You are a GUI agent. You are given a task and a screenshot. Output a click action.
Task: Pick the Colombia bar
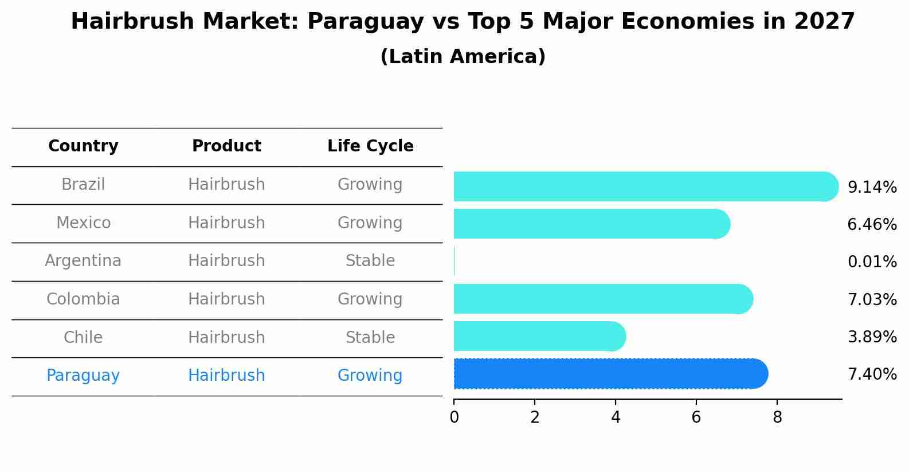(x=602, y=299)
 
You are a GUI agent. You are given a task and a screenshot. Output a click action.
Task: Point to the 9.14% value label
(x=872, y=188)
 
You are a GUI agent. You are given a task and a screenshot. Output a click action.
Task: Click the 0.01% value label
(x=872, y=262)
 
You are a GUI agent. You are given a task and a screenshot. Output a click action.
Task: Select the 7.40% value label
(x=872, y=375)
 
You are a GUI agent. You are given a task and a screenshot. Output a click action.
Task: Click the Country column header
(x=83, y=146)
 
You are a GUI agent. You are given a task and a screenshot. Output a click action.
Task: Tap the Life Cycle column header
(x=370, y=146)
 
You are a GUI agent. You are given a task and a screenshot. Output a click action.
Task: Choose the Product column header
(x=226, y=146)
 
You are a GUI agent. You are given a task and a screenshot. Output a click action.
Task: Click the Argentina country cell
(x=83, y=261)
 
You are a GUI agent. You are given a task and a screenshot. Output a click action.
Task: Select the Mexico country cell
(x=83, y=223)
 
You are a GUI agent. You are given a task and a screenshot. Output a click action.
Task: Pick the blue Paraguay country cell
(x=83, y=376)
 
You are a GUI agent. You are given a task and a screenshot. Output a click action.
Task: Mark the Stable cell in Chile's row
(x=370, y=337)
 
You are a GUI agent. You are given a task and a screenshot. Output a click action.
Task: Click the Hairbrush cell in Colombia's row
(x=226, y=299)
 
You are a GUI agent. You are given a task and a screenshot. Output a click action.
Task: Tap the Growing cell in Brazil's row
(x=370, y=185)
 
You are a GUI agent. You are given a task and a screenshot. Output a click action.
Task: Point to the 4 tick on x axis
(x=616, y=418)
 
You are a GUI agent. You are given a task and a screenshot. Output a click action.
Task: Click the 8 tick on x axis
(x=777, y=418)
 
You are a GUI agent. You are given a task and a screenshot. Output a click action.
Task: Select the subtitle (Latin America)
(x=463, y=57)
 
